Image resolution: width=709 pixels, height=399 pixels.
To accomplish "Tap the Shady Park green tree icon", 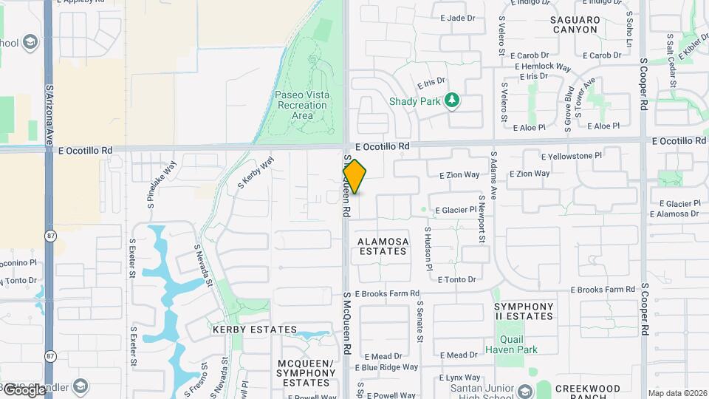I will point(453,100).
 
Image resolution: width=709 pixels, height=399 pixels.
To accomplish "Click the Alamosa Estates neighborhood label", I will point(382,246).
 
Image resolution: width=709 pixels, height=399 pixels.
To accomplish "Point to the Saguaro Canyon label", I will point(574,24).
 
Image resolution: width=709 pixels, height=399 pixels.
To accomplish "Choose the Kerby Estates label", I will point(255,330).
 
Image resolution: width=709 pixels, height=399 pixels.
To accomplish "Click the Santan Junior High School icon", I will point(524,390).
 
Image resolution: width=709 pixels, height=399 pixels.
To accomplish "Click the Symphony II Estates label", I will point(524,311).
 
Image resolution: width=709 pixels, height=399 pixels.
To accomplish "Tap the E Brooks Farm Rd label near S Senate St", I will point(387,293).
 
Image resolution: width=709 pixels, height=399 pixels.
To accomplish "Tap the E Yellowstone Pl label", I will point(572,157).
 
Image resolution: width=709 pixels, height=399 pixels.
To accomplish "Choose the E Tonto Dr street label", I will point(456,280).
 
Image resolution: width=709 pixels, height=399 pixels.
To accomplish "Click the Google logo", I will point(24,389).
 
